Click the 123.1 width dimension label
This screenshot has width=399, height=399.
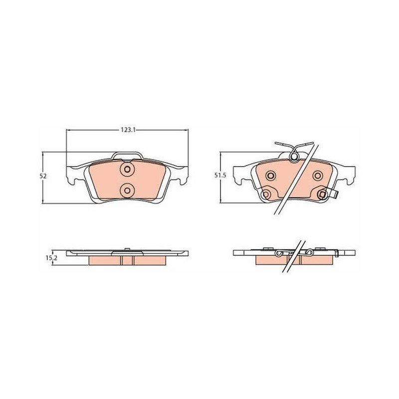(127, 130)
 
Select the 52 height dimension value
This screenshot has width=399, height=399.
(43, 176)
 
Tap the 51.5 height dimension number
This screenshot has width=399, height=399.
(220, 176)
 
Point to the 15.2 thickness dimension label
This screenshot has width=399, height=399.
(51, 258)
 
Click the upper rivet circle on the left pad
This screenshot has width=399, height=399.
(127, 169)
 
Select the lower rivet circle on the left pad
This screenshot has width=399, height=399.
(127, 190)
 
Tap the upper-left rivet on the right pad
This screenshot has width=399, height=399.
(270, 175)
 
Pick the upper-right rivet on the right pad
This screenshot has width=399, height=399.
(318, 175)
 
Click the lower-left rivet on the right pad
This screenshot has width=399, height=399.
(266, 195)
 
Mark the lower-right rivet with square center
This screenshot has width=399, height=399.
(322, 195)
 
